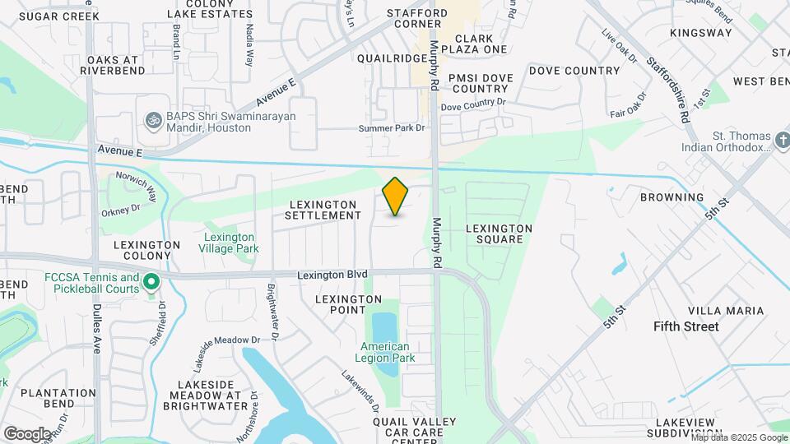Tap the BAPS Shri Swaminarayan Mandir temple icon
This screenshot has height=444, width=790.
click(x=151, y=122)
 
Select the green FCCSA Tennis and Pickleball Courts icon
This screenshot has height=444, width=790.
click(x=151, y=284)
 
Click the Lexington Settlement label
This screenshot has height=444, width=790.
click(x=323, y=210)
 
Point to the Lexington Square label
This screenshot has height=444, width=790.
click(x=500, y=234)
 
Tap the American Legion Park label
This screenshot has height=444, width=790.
click(x=385, y=352)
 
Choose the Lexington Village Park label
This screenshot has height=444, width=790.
click(x=231, y=243)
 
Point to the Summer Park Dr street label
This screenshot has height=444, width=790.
click(x=392, y=128)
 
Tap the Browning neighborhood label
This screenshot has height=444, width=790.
click(x=672, y=197)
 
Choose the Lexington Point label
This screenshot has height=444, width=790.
click(x=341, y=304)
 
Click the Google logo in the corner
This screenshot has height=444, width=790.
click(x=27, y=433)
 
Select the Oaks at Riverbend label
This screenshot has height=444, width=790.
click(x=113, y=65)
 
